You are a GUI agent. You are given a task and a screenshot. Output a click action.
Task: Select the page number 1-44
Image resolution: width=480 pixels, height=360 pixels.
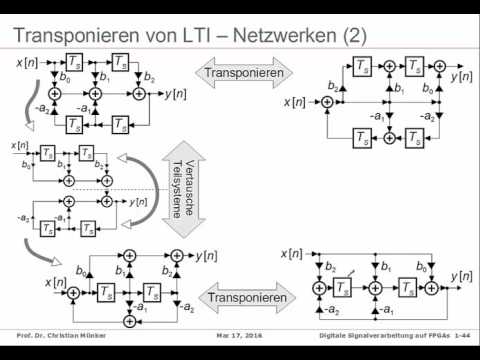464,337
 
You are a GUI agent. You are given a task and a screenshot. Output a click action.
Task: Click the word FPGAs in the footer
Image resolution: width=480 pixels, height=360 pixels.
435,337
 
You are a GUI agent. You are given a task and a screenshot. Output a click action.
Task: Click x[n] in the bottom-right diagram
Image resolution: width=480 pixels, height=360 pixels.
297,250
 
